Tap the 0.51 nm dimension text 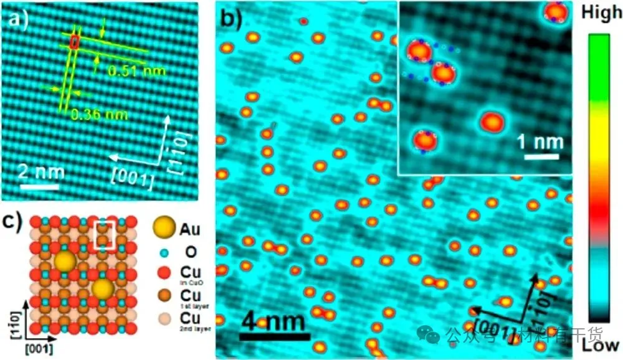point(130,71)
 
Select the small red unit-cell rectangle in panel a point(75,42)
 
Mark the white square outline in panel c point(103,236)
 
